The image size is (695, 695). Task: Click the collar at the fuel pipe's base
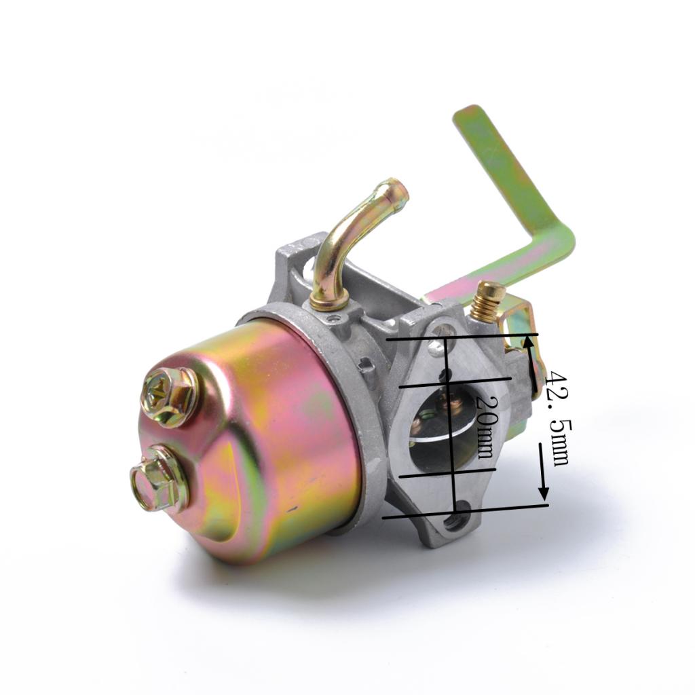point(329,299)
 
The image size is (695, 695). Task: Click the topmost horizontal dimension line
point(462,335)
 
